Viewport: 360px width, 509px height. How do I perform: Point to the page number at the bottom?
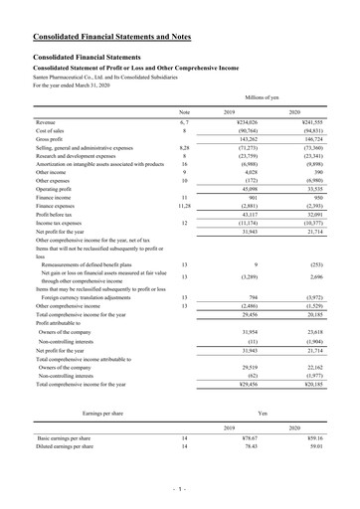(179, 488)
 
